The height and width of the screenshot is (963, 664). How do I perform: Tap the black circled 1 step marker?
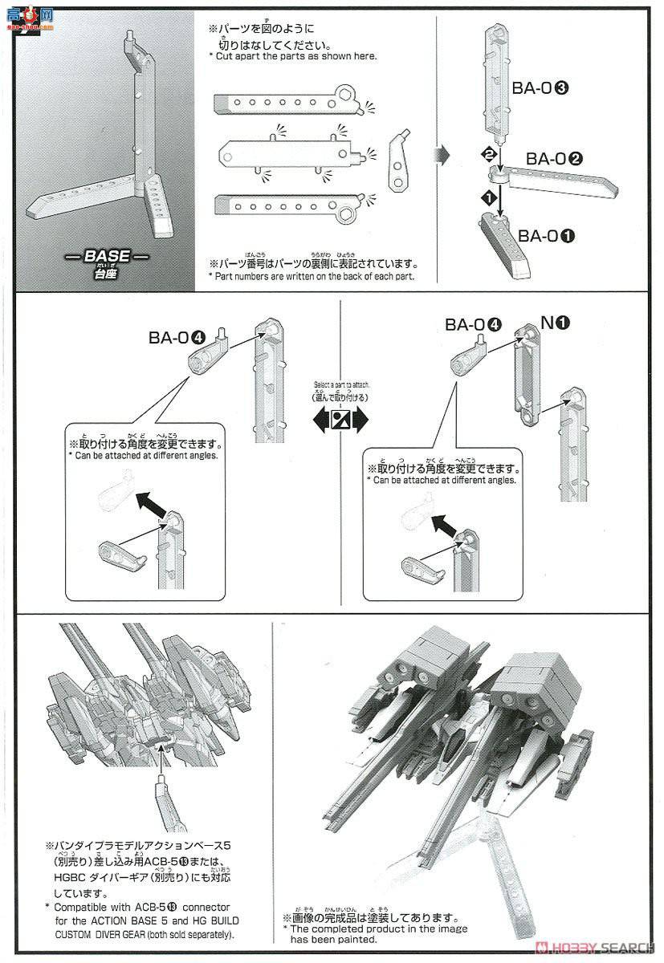coord(484,196)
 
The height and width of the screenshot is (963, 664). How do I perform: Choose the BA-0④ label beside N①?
coord(474,324)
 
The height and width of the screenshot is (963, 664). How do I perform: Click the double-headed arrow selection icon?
coord(340,420)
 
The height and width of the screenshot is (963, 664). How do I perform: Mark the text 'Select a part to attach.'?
coord(340,385)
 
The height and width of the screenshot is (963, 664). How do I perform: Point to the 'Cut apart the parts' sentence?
coord(292,56)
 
